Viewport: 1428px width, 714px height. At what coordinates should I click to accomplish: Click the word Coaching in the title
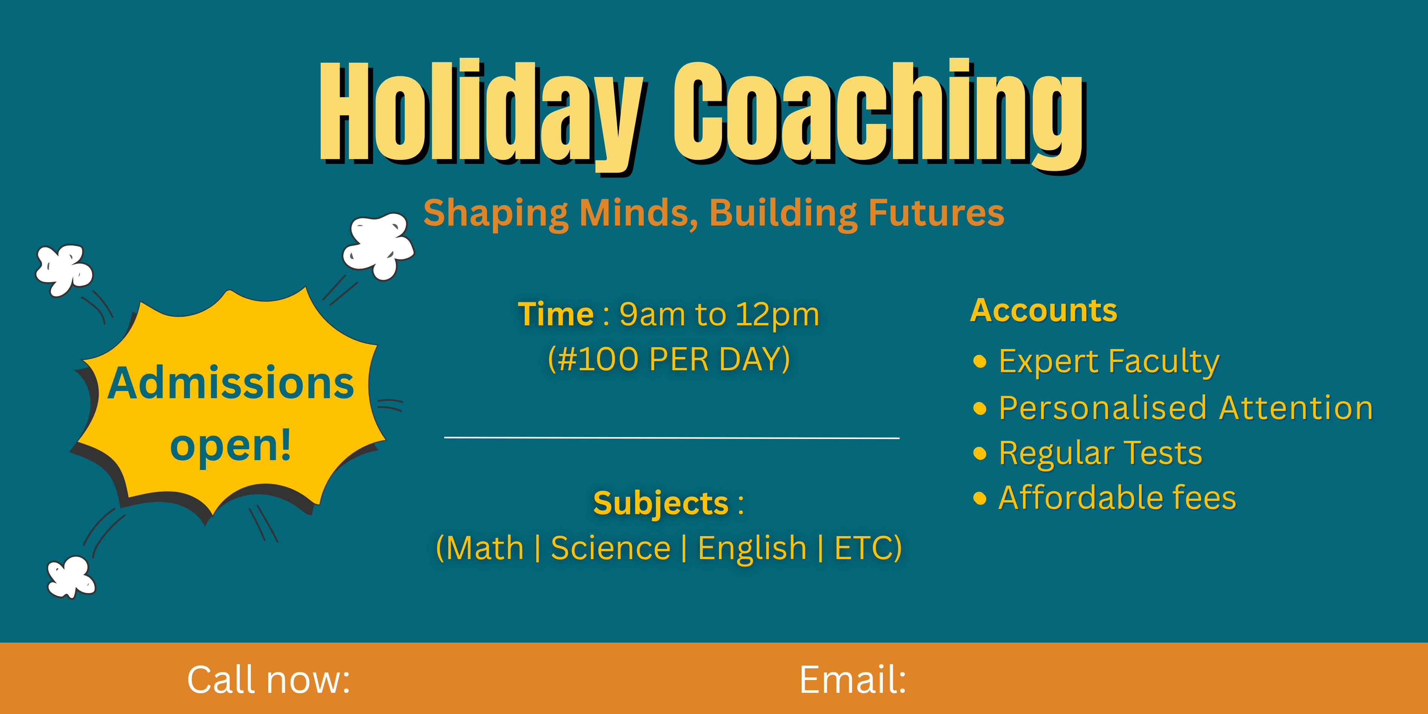click(880, 116)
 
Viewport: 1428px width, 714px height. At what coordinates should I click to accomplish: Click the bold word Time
click(555, 314)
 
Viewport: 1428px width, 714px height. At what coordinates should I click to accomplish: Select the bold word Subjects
click(661, 504)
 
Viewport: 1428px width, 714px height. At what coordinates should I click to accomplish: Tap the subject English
click(752, 549)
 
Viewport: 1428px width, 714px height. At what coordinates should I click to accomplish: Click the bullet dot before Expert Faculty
click(980, 362)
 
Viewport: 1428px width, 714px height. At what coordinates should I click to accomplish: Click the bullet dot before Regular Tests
click(980, 453)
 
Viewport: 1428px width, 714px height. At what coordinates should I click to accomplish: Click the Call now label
click(269, 680)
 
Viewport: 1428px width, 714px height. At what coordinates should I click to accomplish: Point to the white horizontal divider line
click(672, 438)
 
